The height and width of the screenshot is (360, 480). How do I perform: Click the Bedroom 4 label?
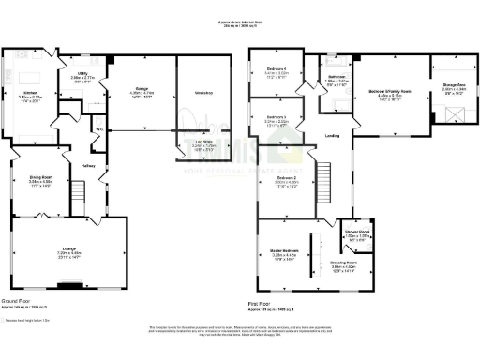[276, 71]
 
